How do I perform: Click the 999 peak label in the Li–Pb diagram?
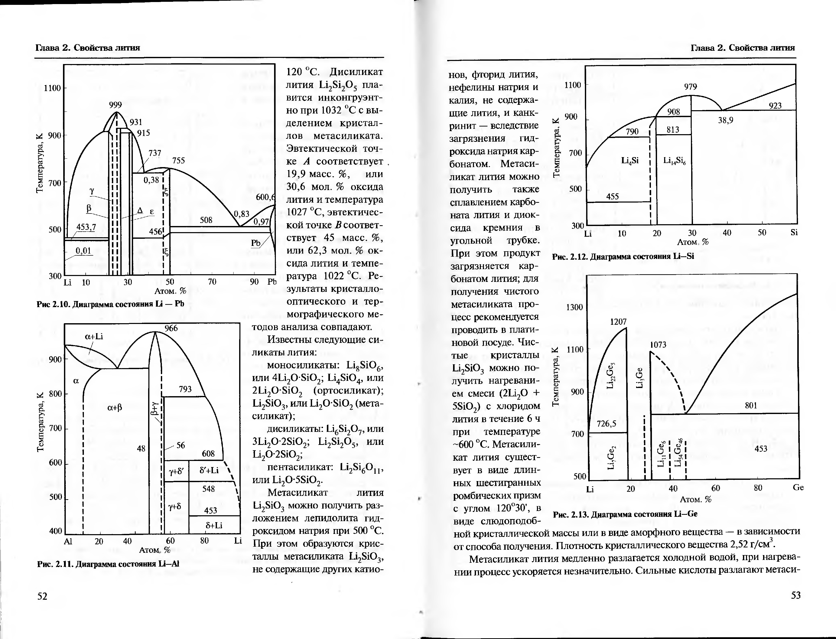click(115, 105)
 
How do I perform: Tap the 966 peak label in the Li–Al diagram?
click(171, 328)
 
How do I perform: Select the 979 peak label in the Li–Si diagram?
click(690, 87)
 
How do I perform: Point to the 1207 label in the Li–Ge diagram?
click(618, 321)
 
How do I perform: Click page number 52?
click(42, 596)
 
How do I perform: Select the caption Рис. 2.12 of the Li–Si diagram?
click(623, 256)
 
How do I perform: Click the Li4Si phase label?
click(630, 160)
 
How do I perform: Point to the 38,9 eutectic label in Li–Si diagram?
click(725, 120)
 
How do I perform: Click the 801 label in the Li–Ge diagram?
click(751, 405)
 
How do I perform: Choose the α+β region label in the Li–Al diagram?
click(114, 408)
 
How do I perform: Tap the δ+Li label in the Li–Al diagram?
click(214, 525)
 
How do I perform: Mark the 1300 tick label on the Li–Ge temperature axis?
click(574, 307)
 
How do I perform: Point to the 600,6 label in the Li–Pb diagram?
click(265, 197)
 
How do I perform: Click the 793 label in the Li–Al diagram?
click(185, 389)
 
